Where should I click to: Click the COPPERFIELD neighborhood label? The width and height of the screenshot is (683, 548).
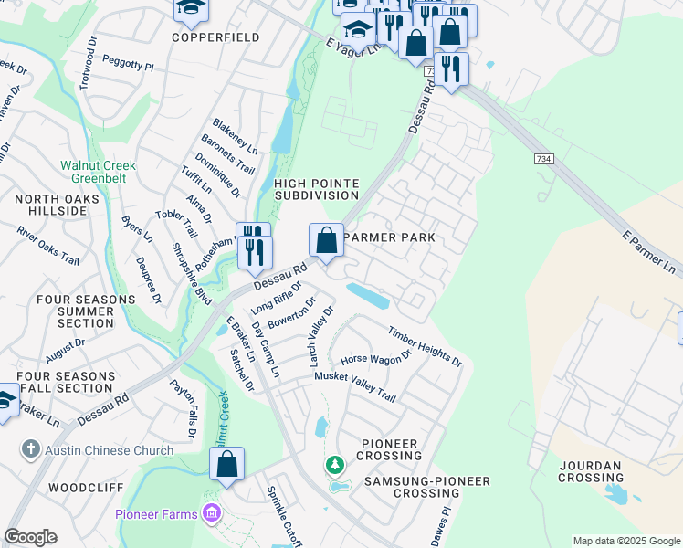pos(215,38)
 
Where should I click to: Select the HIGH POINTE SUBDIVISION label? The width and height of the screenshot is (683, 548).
pos(316,190)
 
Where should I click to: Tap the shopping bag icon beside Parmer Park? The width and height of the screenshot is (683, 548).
pos(327,241)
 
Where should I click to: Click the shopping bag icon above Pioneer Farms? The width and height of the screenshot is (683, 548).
pos(227,464)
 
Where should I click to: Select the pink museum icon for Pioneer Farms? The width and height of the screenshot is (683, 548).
pos(213,514)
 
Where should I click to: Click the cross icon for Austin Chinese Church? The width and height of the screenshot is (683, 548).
pos(32,449)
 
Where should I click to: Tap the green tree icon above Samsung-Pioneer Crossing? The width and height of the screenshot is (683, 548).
pos(335,466)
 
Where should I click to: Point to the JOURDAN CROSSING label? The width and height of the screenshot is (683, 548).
pos(590,471)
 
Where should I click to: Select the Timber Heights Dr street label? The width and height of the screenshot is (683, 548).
pos(425,347)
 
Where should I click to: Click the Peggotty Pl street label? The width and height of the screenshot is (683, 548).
pos(128,68)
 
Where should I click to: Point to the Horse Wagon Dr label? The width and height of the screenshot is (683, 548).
pos(376,359)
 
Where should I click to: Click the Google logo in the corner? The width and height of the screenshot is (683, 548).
pos(30,537)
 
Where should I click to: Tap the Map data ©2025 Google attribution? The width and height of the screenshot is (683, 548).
pos(626,541)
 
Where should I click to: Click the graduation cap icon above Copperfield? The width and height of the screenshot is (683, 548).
pos(191,9)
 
